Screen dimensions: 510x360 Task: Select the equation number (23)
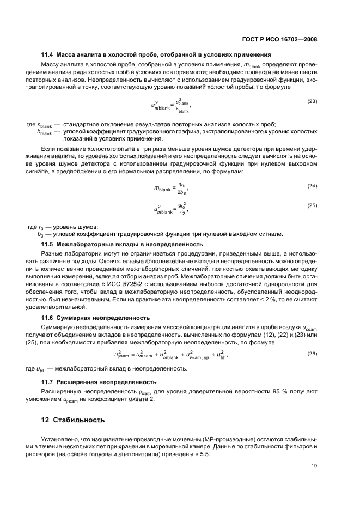tap(312, 101)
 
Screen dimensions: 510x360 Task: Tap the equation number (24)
tap(312, 186)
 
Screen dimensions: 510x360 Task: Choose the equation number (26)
tap(312, 354)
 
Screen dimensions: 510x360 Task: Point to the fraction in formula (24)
tap(183, 189)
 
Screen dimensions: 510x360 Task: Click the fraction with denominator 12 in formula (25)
tap(184, 209)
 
